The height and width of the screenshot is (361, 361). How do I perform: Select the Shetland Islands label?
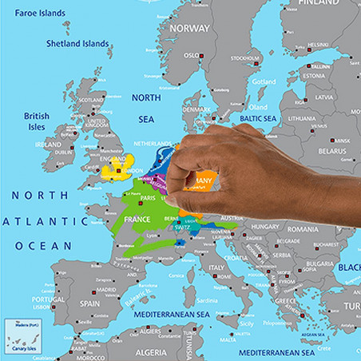(77, 43)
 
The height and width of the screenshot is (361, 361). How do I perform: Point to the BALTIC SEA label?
(254, 119)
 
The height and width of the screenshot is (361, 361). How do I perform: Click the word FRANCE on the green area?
(137, 219)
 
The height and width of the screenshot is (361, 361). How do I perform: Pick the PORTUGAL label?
(48, 300)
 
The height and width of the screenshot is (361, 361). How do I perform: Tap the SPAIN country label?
(89, 303)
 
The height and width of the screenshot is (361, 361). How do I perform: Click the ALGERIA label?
(150, 351)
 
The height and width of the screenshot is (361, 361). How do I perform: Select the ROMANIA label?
(303, 229)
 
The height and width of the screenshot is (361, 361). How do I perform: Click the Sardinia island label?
(207, 301)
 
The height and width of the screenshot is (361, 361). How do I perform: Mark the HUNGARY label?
(266, 227)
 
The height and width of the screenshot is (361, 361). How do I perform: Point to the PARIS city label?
(148, 198)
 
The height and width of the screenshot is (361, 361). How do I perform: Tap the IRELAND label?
(48, 145)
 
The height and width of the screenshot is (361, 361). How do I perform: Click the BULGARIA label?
(319, 263)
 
